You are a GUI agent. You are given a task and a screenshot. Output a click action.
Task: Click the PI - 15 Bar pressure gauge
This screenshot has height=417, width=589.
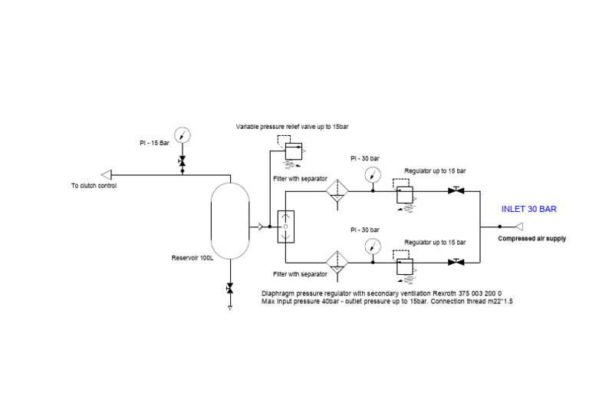(183, 136)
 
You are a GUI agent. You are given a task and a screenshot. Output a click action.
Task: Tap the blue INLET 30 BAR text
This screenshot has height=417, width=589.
(528, 209)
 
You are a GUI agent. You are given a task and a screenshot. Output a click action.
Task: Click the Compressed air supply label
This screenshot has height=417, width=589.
(531, 239)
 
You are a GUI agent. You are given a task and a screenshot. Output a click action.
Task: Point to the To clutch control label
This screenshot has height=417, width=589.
(94, 185)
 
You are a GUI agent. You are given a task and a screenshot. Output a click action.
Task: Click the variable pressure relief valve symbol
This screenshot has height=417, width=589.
(293, 151)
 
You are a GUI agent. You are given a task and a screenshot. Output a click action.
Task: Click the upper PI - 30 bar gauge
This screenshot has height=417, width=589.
(373, 174)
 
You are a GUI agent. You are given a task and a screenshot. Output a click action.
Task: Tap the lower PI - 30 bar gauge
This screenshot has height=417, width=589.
(373, 246)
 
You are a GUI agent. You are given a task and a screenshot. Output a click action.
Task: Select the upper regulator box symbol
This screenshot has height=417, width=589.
(405, 193)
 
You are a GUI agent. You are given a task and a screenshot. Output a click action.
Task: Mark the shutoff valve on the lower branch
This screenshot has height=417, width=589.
(458, 262)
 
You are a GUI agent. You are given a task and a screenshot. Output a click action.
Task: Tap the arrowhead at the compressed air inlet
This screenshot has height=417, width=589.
(519, 227)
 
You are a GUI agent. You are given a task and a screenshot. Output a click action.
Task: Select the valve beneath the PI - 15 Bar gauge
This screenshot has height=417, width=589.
(183, 161)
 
